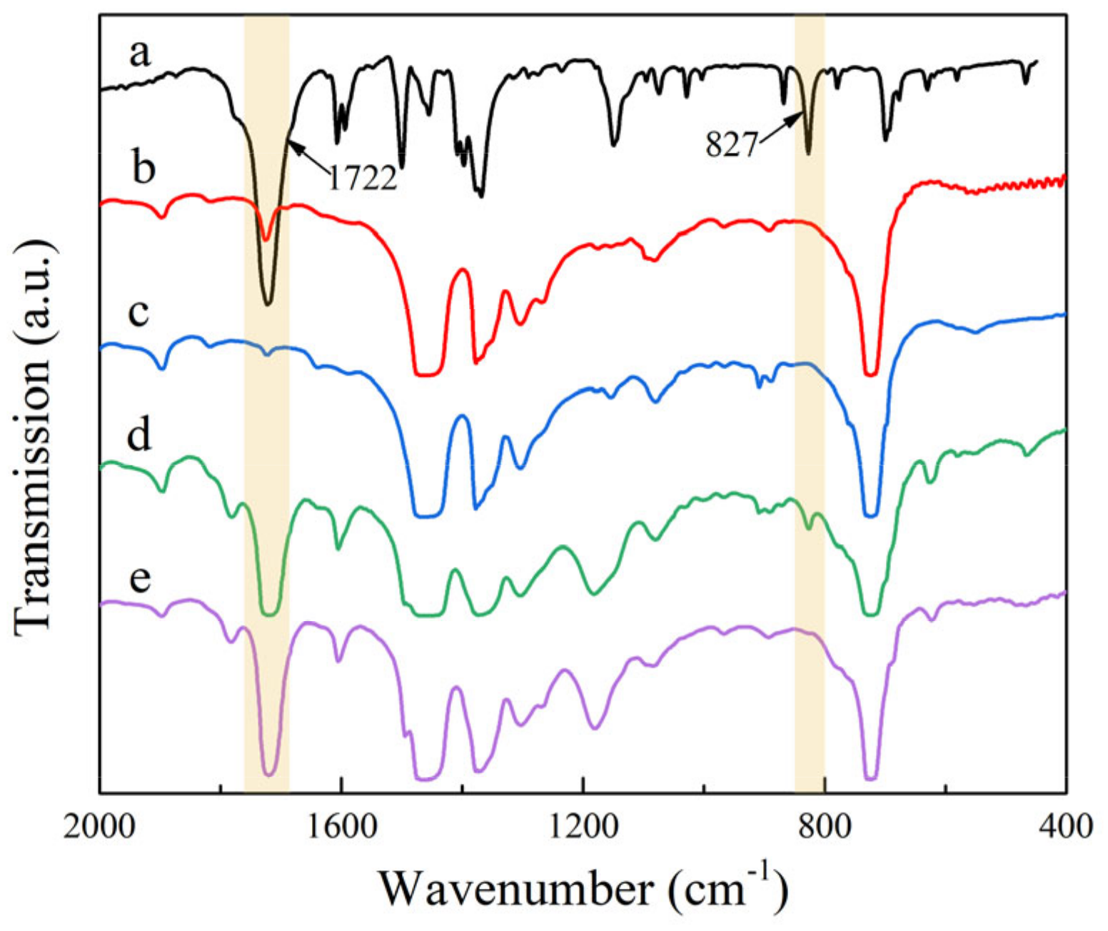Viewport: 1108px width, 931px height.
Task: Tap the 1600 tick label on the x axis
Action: pos(341,827)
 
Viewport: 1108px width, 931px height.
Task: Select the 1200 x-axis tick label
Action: pos(583,827)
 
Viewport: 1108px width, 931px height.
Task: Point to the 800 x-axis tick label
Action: pos(825,827)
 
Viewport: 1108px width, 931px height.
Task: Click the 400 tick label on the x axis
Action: pos(1066,827)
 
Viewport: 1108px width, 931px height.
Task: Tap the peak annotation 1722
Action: pos(362,178)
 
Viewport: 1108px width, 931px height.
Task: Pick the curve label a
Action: pos(141,53)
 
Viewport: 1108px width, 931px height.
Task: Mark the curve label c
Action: pos(138,311)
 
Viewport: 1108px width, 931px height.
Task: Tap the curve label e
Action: pos(140,578)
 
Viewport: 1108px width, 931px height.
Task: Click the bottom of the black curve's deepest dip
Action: pos(268,304)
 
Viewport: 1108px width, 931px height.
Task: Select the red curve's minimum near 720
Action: pos(870,373)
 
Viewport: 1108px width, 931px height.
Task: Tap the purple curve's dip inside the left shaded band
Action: pos(269,773)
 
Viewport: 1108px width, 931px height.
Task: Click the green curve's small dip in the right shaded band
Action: pos(809,528)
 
